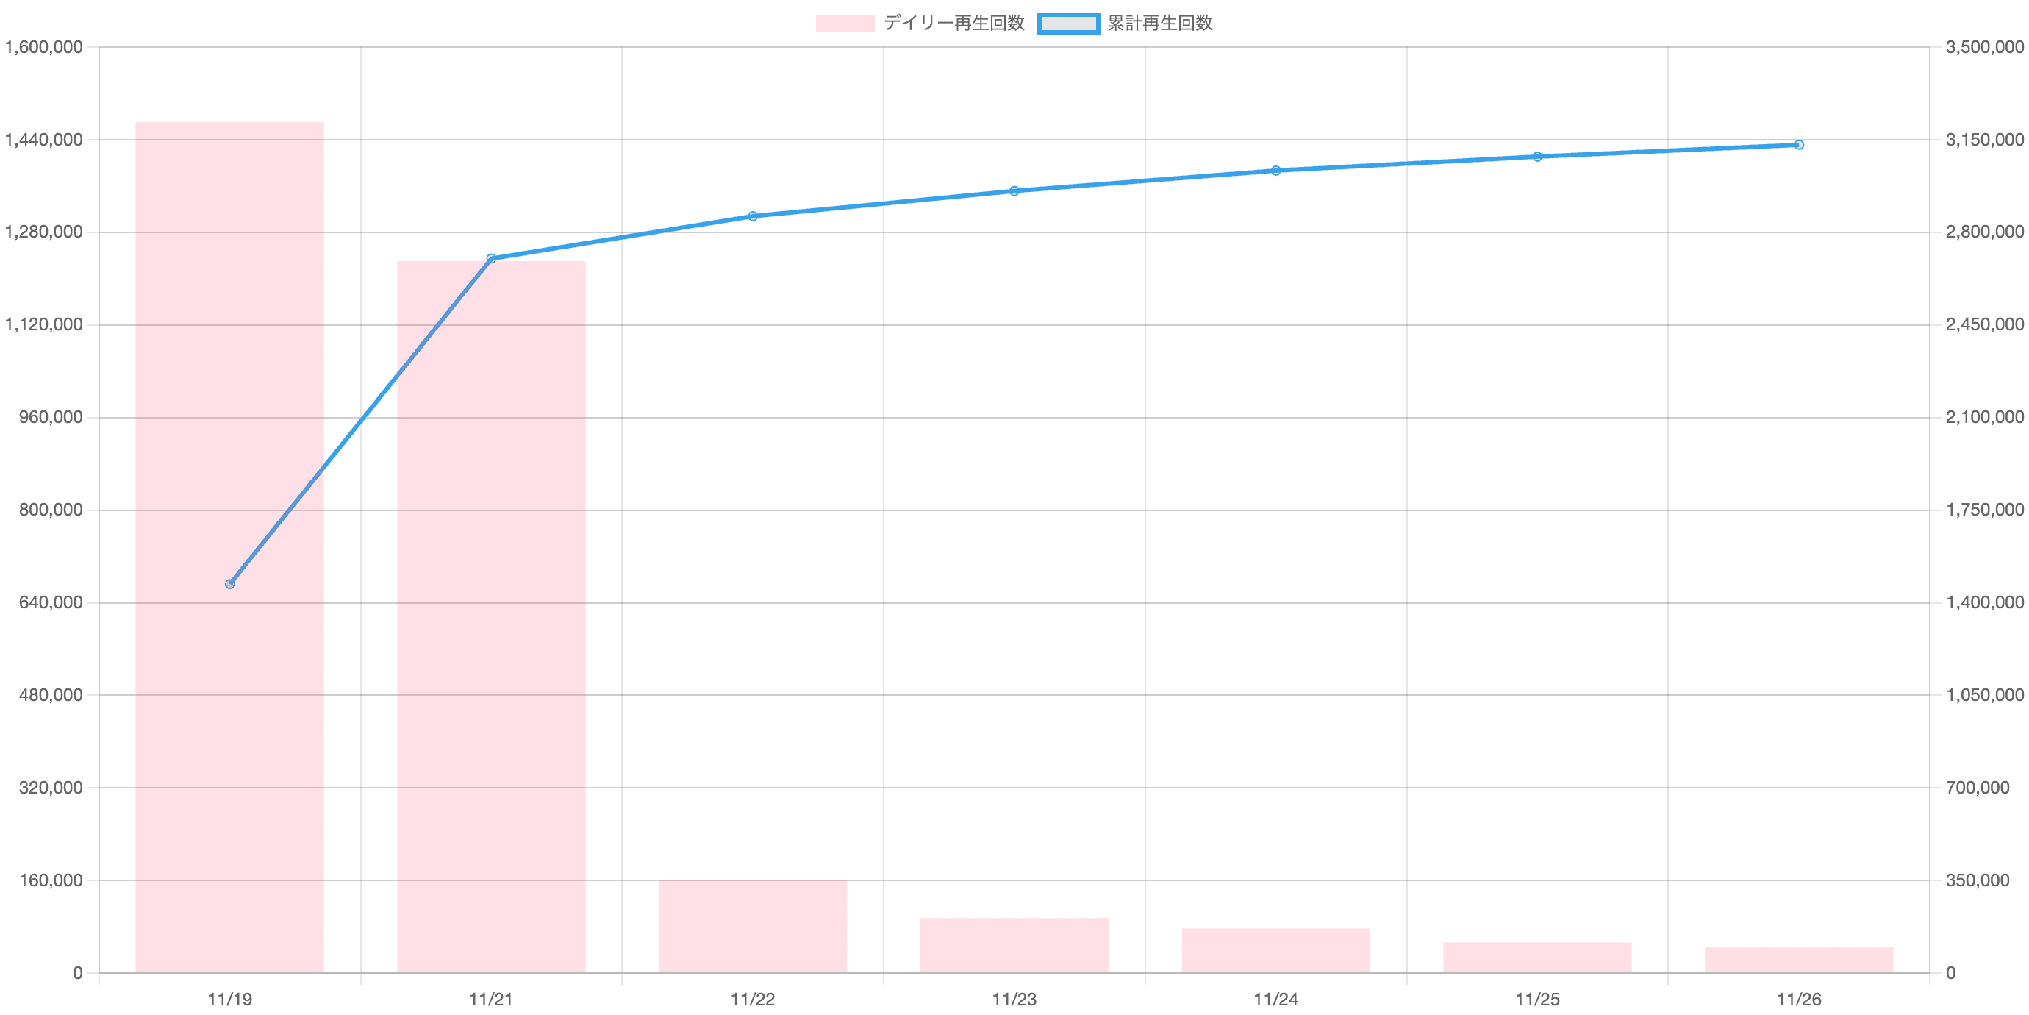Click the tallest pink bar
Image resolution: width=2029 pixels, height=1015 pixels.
pyautogui.click(x=229, y=547)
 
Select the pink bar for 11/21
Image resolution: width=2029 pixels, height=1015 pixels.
pyautogui.click(x=491, y=616)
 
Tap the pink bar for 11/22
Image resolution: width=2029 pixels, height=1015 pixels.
pyautogui.click(x=752, y=926)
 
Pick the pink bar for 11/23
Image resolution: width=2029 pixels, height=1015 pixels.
pyautogui.click(x=1014, y=945)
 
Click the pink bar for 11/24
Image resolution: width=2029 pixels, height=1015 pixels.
pyautogui.click(x=1275, y=950)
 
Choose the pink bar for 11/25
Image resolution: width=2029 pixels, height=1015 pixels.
pyautogui.click(x=1536, y=957)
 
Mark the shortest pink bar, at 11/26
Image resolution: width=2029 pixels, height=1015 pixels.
pyautogui.click(x=1798, y=960)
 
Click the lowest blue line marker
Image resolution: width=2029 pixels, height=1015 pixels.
pyautogui.click(x=230, y=584)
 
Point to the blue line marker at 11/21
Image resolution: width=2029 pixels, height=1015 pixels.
pyautogui.click(x=491, y=258)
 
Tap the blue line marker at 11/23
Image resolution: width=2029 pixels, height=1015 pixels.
pyautogui.click(x=1014, y=190)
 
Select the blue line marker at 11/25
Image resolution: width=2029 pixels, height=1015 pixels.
pyautogui.click(x=1536, y=157)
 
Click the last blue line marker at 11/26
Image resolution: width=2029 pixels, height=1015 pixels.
pyautogui.click(x=1799, y=145)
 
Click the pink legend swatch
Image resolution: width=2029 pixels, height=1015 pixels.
pyautogui.click(x=845, y=24)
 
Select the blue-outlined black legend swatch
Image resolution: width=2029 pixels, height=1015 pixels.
pyautogui.click(x=1068, y=24)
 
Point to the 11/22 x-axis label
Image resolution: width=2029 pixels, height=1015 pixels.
pyautogui.click(x=752, y=1000)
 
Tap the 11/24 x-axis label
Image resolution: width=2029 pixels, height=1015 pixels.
pyautogui.click(x=1275, y=1000)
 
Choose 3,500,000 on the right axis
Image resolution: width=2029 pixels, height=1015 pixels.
pyautogui.click(x=1983, y=48)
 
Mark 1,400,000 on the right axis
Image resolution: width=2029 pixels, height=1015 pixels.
pyautogui.click(x=1983, y=603)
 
